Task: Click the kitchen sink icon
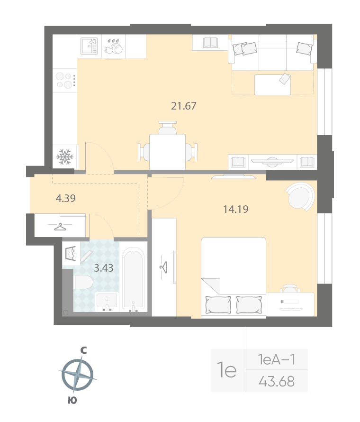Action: point(89,46)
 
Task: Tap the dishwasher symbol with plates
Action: point(114,46)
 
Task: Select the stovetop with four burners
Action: point(65,81)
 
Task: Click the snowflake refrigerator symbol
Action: point(65,156)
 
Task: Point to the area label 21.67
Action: point(184,106)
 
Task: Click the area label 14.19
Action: point(236,209)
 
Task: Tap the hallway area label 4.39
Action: point(65,198)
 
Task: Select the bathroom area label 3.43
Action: point(104,268)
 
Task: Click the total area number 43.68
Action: point(277,381)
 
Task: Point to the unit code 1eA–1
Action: point(277,359)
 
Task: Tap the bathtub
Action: point(134,279)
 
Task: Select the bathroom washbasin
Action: point(107,302)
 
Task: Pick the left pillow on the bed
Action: point(218,305)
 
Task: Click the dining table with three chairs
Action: point(168,147)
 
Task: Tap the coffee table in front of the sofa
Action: point(272,84)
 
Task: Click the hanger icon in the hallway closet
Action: point(61,227)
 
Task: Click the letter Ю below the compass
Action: point(72,400)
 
